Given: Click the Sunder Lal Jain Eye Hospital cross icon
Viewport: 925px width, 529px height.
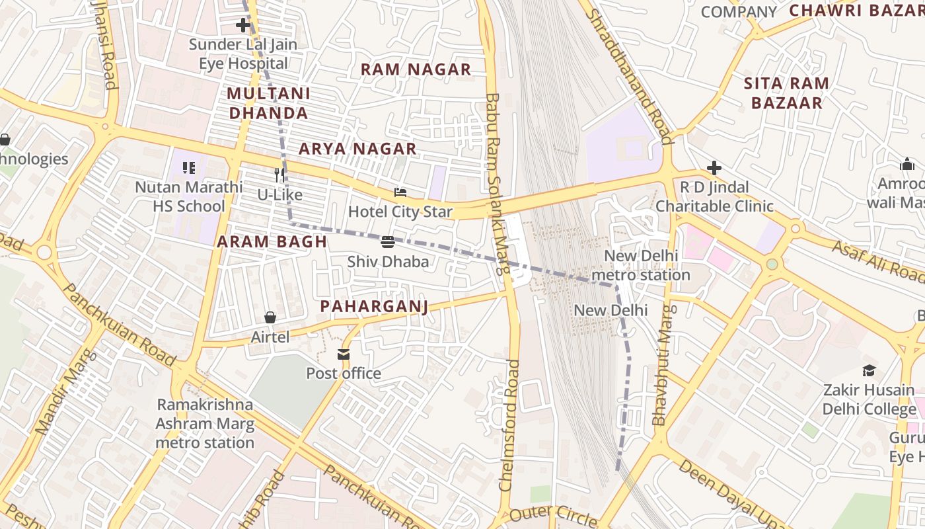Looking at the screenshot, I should pos(243,26).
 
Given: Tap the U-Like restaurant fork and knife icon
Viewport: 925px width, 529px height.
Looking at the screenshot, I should pos(279,175).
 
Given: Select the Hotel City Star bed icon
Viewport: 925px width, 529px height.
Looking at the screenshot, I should pos(400,192).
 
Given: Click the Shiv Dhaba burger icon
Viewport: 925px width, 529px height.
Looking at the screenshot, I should pos(388,242).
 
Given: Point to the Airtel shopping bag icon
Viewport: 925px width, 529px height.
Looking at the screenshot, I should pos(270,317).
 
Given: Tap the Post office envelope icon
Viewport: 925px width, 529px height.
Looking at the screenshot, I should pos(344,354).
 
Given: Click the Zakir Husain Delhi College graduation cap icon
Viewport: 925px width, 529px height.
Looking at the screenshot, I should pos(869,370).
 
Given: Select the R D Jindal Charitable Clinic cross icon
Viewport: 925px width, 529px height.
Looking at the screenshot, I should pos(714,168).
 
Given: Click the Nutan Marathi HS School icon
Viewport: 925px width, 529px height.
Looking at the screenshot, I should pos(189,168).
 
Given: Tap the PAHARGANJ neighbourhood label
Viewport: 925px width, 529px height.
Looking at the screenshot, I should pos(374,306).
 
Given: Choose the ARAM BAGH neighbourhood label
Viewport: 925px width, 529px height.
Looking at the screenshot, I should pos(272,242).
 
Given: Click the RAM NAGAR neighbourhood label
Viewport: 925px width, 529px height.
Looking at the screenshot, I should pos(416,69).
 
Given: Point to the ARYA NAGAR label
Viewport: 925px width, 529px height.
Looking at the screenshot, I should pos(357,149).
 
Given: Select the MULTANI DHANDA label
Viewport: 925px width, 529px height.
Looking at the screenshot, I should pos(268,103).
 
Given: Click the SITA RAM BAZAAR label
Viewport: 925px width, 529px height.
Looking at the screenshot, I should pos(786,93).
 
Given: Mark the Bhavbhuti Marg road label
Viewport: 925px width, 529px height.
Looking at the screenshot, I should pos(663,365).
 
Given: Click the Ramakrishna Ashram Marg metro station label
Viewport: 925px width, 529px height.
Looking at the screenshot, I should pos(205,423).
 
